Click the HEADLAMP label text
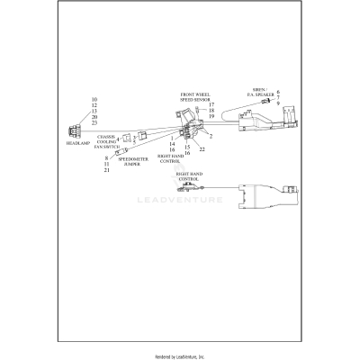click(x=78, y=142)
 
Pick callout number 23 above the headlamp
click(x=94, y=123)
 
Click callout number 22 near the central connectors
click(x=202, y=148)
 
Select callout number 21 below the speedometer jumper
click(x=107, y=170)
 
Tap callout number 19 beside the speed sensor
click(x=210, y=117)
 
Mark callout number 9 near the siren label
click(x=278, y=103)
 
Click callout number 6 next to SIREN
click(x=278, y=92)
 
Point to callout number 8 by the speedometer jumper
click(x=107, y=157)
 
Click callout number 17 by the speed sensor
click(x=210, y=104)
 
